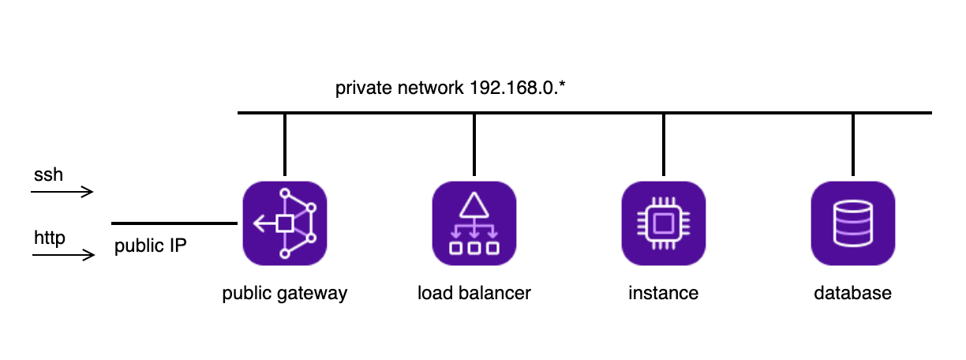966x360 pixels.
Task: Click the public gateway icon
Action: (284, 223)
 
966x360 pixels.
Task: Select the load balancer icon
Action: (474, 223)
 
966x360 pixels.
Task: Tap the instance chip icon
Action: (663, 223)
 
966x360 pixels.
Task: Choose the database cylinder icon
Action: (852, 223)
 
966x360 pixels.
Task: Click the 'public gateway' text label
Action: (284, 294)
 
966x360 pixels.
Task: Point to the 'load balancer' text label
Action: (474, 294)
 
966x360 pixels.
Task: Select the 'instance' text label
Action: (663, 294)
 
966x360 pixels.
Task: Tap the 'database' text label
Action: (852, 294)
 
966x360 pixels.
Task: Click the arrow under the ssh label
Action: (63, 192)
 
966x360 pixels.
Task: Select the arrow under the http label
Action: (63, 255)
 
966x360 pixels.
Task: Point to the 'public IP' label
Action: (150, 246)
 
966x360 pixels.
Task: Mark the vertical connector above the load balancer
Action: (474, 144)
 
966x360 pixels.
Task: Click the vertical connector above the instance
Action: (663, 144)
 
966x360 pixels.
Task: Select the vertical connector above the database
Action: (852, 144)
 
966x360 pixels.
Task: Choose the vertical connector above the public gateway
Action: (284, 144)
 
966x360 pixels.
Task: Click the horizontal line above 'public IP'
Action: (174, 223)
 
